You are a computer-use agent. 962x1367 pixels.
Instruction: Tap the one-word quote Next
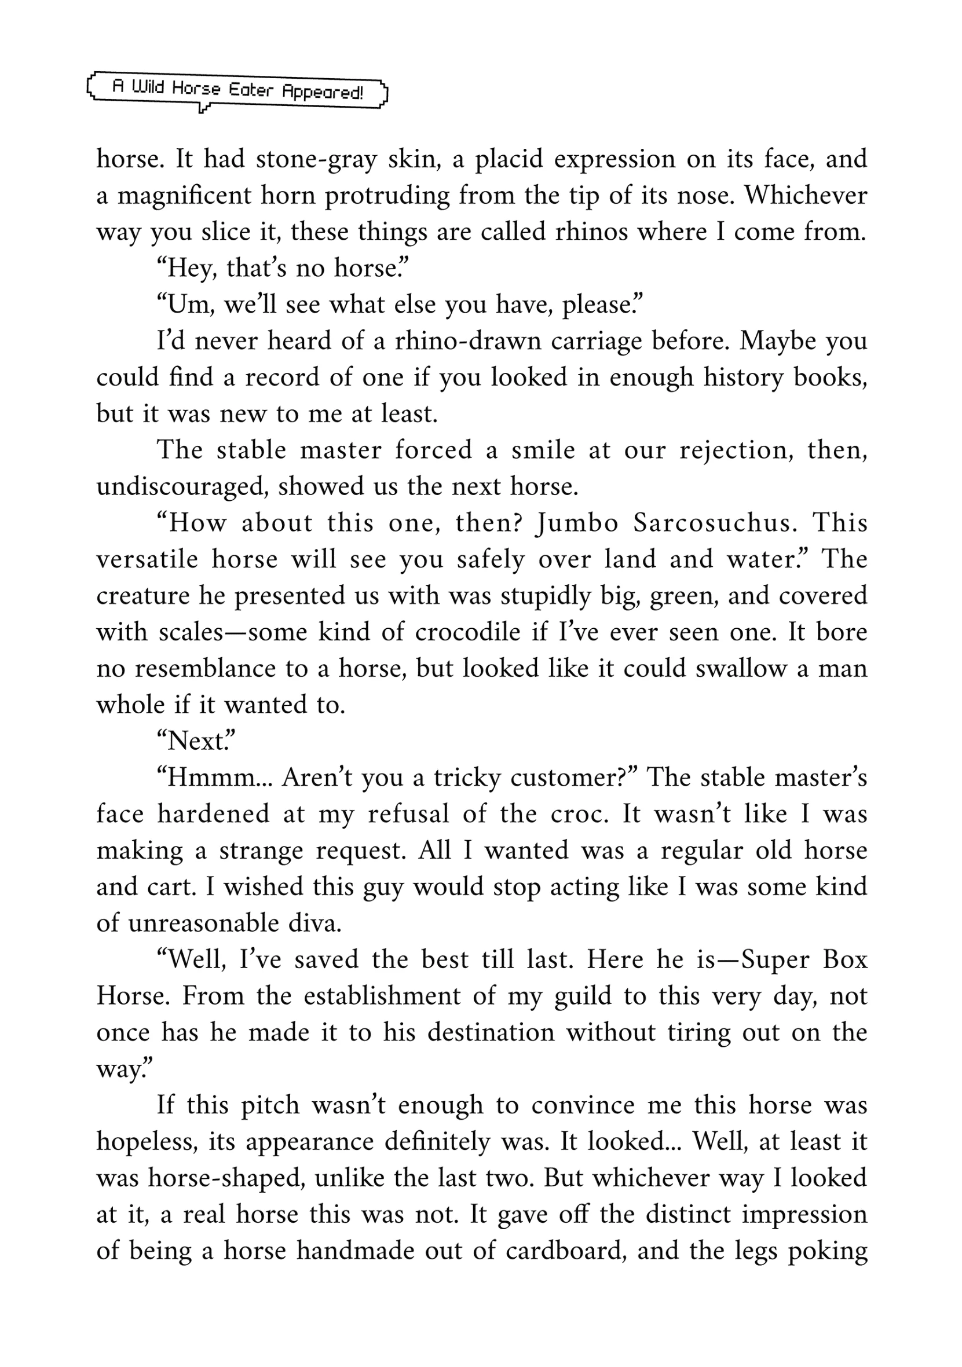[196, 741]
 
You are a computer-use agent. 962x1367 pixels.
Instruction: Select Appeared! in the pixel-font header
[322, 91]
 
